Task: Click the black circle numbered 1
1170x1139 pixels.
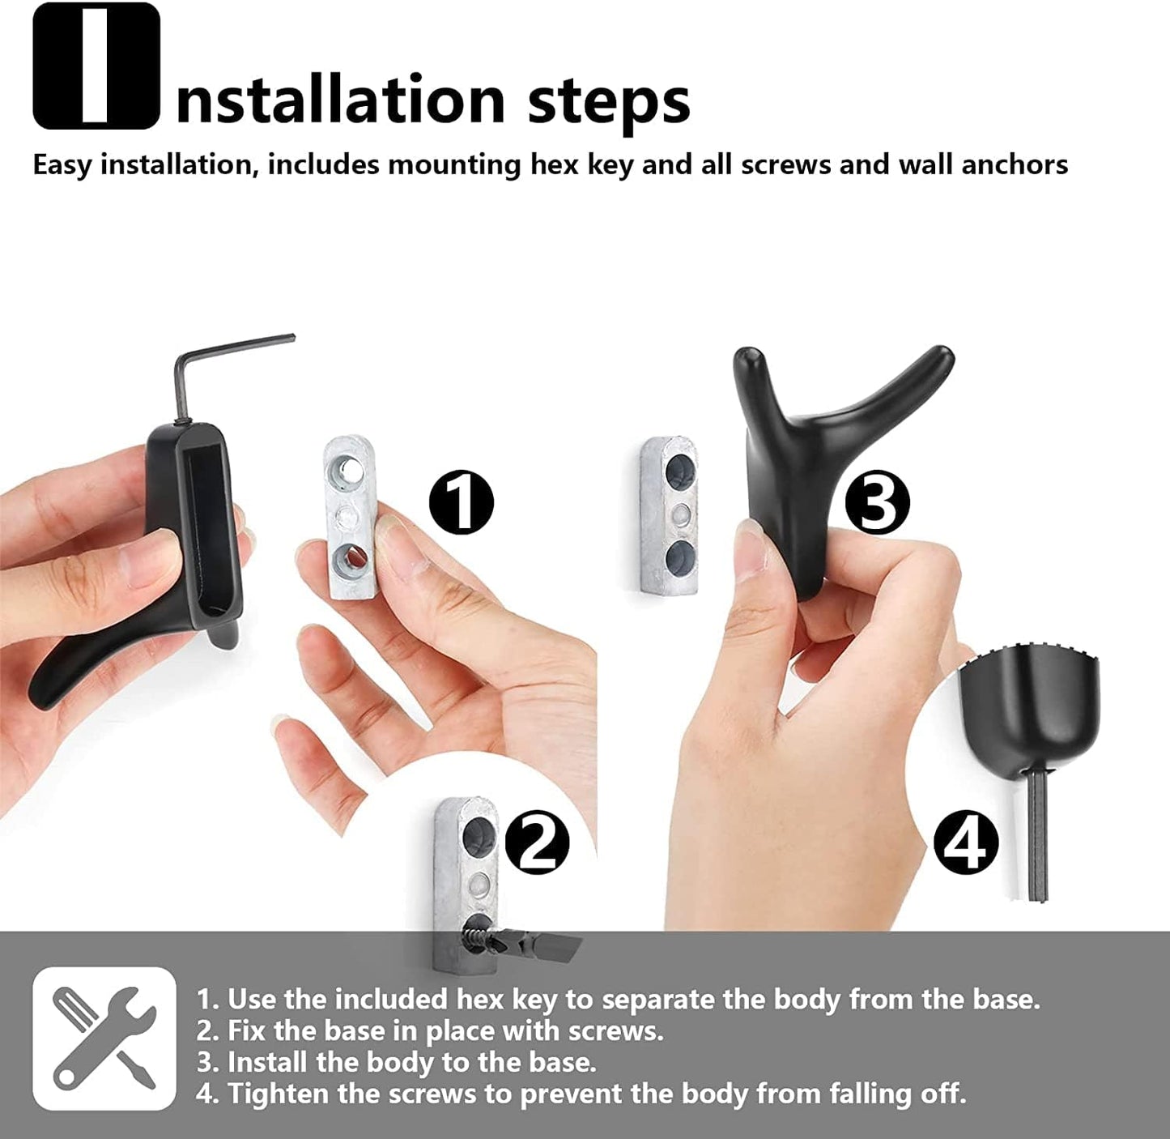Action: [461, 501]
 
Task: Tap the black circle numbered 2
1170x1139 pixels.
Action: [537, 843]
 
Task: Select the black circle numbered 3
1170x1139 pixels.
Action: [877, 501]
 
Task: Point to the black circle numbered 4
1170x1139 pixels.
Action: [966, 843]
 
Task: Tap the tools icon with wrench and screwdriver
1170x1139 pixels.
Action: [104, 1039]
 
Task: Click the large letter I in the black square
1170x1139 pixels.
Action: [96, 66]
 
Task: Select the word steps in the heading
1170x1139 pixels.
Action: [608, 100]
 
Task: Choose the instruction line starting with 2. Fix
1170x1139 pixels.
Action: [429, 1030]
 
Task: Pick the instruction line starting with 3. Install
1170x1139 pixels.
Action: [396, 1062]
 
